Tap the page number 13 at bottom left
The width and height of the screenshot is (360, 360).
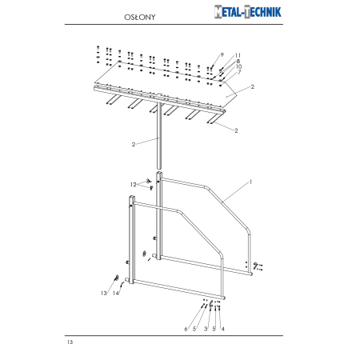(70, 342)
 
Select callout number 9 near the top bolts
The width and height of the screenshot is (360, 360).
(222, 54)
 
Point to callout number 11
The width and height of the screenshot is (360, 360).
(238, 55)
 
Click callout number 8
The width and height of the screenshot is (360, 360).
(238, 61)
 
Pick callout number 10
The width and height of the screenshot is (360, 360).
(238, 66)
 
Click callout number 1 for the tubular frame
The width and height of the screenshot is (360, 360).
(250, 182)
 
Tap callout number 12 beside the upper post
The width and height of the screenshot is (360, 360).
(134, 184)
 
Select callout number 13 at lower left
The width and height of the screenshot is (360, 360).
(103, 294)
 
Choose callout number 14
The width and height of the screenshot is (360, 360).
(116, 294)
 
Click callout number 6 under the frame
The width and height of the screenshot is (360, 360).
(186, 329)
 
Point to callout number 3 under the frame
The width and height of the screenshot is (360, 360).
(205, 329)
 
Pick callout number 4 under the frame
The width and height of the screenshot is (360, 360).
(222, 329)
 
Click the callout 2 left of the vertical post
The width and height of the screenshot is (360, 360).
(134, 144)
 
